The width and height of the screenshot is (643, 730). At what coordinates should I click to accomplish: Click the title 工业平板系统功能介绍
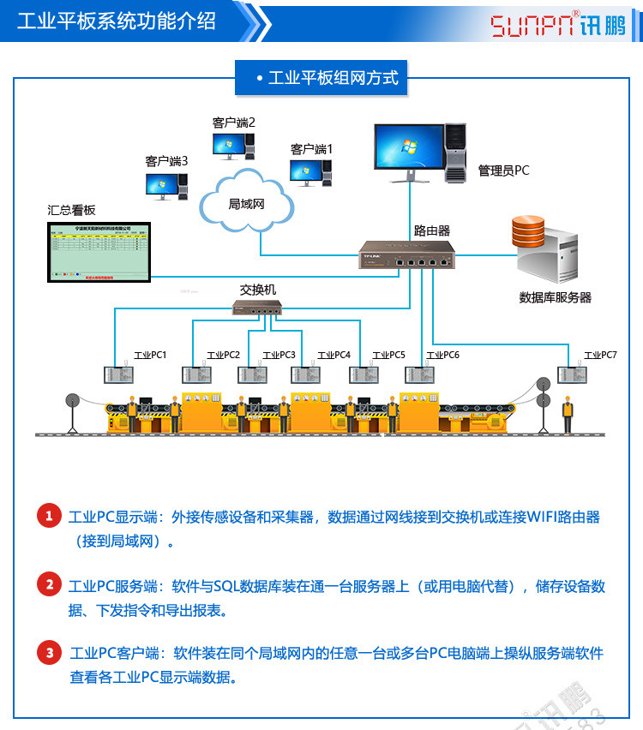[x=117, y=21]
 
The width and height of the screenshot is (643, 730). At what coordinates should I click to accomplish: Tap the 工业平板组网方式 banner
[x=327, y=78]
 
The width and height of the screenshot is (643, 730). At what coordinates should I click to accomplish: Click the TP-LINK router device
[x=407, y=255]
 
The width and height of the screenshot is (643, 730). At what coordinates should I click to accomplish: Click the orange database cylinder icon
[x=530, y=230]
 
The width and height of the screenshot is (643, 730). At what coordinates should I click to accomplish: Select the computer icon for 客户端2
[x=234, y=146]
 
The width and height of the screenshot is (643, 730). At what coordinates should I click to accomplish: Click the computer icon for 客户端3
[x=166, y=184]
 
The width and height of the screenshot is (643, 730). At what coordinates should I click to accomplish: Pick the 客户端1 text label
[x=311, y=149]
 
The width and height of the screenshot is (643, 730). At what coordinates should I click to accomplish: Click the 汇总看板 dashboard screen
[x=99, y=253]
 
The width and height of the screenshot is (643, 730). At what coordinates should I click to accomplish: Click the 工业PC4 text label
[x=334, y=355]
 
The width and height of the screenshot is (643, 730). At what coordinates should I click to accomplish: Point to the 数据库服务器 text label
[x=556, y=297]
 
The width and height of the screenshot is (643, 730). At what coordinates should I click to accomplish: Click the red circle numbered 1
[x=49, y=516]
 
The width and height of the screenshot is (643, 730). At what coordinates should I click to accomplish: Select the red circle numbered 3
[x=49, y=654]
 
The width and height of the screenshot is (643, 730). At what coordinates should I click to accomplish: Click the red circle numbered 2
[x=49, y=585]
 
